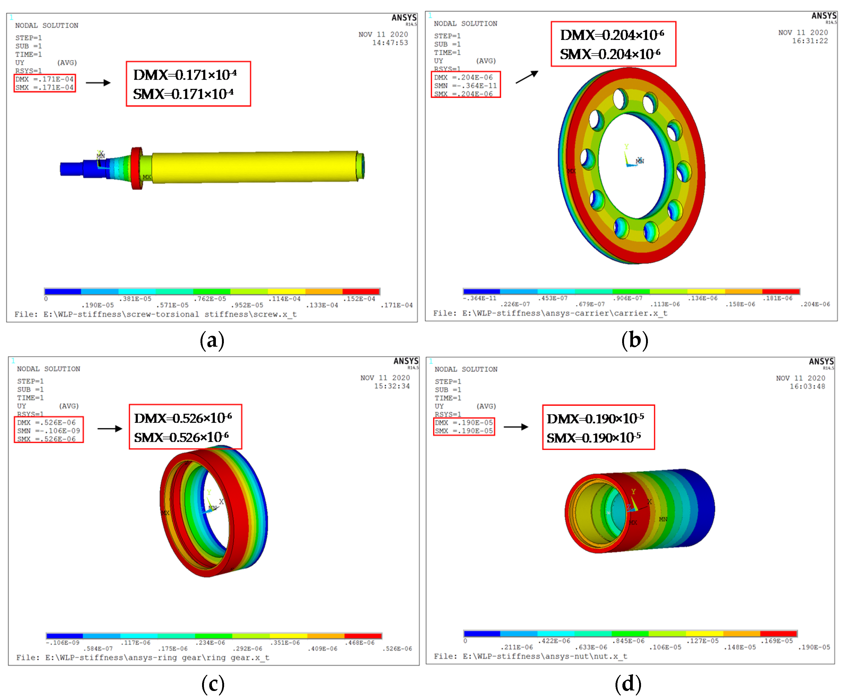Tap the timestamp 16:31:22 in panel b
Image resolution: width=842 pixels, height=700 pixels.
[810, 41]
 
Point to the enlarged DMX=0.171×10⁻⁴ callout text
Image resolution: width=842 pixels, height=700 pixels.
[185, 75]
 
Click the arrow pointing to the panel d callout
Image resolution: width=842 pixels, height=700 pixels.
[516, 427]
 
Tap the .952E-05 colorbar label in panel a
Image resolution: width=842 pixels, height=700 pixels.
[247, 305]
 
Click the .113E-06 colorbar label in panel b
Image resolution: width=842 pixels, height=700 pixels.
[665, 304]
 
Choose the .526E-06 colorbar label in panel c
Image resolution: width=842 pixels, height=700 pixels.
[397, 649]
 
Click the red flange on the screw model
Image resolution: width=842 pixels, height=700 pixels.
[137, 169]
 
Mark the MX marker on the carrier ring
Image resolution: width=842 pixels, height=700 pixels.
[571, 171]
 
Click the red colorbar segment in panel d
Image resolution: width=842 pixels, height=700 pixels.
[778, 634]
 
